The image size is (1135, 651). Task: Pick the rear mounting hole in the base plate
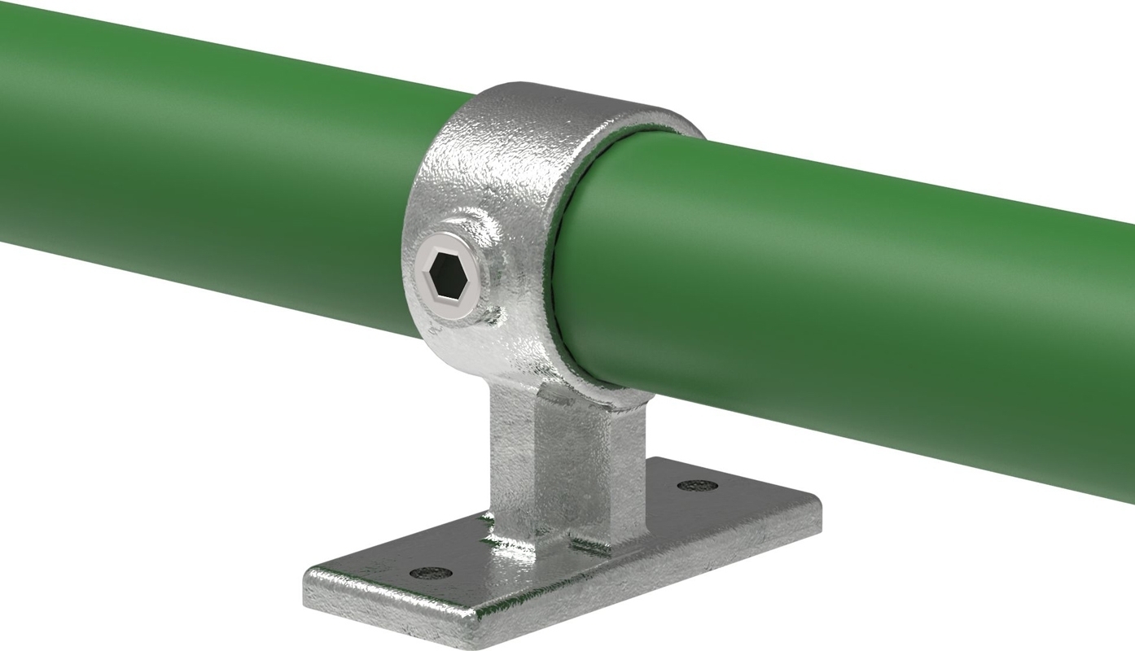click(x=697, y=486)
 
